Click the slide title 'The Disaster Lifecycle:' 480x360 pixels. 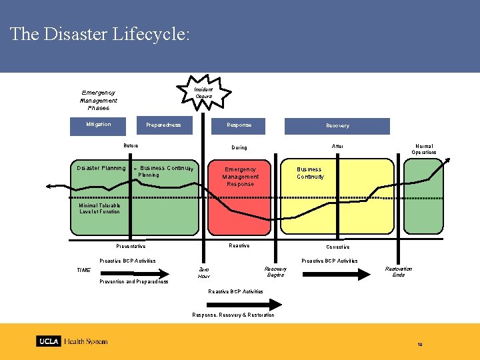(100, 35)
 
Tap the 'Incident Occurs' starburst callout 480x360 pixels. (203, 93)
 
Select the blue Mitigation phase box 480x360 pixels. (99, 125)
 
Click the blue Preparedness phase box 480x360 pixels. (163, 125)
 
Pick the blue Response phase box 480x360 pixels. (239, 125)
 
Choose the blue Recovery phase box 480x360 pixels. (337, 126)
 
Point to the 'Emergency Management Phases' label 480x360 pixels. (99, 100)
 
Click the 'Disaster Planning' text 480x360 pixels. (101, 168)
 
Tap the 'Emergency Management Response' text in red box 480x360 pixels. (241, 177)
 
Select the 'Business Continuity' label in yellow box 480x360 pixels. (309, 173)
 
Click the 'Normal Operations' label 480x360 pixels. (424, 149)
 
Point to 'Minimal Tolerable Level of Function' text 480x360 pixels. (99, 209)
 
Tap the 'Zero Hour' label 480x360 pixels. (204, 273)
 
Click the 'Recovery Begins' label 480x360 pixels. (275, 272)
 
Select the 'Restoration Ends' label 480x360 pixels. (399, 272)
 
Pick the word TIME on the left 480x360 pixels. (84, 270)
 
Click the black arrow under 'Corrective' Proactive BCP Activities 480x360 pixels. (333, 273)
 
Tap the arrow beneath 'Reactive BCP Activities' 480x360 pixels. (237, 303)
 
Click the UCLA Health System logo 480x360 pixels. (72, 341)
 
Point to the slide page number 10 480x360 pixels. (420, 344)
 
